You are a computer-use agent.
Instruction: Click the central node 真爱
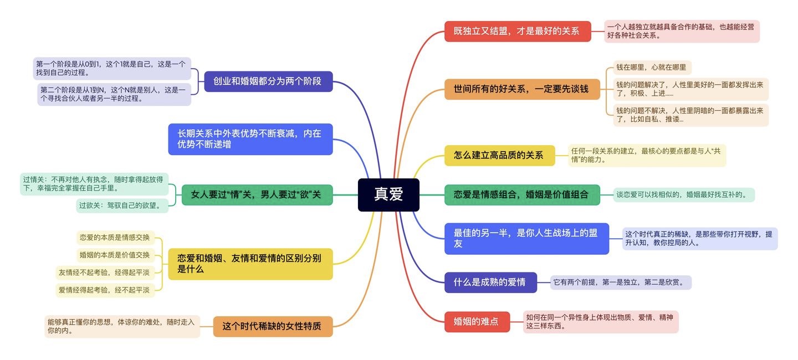[x=388, y=195]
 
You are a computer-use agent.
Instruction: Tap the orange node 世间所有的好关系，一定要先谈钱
[x=522, y=89]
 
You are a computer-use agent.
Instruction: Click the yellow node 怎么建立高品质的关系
[x=499, y=156]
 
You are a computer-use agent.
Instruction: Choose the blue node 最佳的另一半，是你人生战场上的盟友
[x=526, y=239]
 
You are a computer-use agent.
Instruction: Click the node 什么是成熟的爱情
[x=491, y=282]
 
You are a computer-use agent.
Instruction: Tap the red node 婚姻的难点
[x=477, y=321]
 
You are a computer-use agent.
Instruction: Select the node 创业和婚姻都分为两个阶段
[x=268, y=81]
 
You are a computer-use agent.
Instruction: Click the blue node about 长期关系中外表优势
[x=250, y=139]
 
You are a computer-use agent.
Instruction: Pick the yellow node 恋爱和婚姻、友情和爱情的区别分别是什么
[x=250, y=264]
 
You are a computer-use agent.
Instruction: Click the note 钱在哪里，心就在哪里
[x=652, y=68]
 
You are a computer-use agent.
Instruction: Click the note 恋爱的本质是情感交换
[x=115, y=238]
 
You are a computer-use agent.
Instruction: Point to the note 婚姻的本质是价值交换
[x=115, y=255]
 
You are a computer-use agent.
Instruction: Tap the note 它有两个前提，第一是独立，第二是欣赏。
[x=620, y=282]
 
